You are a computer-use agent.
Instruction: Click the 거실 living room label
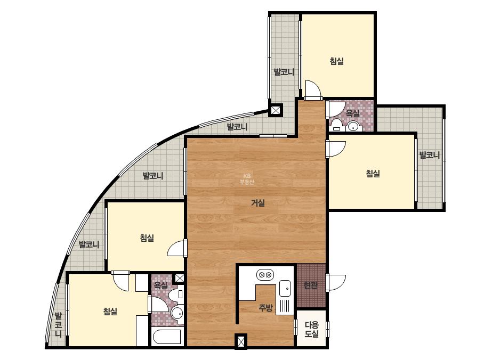(x=258, y=203)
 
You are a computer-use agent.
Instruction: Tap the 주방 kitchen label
(x=265, y=308)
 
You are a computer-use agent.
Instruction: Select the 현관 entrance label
(x=311, y=285)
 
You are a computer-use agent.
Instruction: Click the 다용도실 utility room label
(x=312, y=329)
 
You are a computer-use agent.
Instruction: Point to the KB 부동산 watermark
(x=247, y=179)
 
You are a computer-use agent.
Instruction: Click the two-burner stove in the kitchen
(x=265, y=275)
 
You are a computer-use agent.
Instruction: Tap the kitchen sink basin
(x=285, y=288)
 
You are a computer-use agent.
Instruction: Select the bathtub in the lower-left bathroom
(x=167, y=337)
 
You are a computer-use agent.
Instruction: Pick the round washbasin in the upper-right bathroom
(x=353, y=127)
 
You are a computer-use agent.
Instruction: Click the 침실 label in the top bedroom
(x=337, y=61)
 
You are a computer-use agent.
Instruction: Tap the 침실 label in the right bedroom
(x=373, y=173)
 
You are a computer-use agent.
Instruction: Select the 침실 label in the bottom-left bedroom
(x=110, y=312)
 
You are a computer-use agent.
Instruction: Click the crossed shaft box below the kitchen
(x=240, y=341)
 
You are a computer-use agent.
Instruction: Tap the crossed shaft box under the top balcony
(x=276, y=110)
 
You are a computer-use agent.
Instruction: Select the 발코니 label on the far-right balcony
(x=430, y=155)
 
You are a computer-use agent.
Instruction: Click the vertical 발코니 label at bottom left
(x=58, y=324)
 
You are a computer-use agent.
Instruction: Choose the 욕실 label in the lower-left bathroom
(x=161, y=285)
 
